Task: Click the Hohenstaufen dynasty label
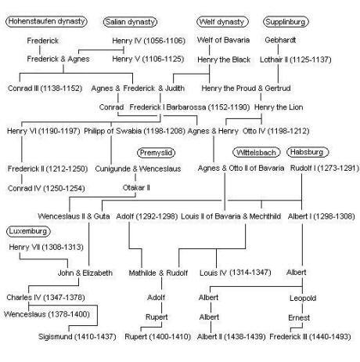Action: (x=46, y=21)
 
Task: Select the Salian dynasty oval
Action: (x=130, y=22)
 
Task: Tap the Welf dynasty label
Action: (x=222, y=22)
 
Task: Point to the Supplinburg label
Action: (x=286, y=22)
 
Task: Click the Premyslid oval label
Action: (x=156, y=153)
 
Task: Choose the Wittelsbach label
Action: (x=256, y=153)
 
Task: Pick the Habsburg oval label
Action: (x=308, y=152)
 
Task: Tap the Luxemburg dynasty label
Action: (x=28, y=231)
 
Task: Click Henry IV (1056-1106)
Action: (x=149, y=41)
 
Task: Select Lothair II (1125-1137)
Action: (x=296, y=60)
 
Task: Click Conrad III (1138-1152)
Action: (x=45, y=89)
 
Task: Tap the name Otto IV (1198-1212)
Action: (x=276, y=131)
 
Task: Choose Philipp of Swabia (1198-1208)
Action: (x=135, y=131)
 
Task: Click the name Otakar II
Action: (x=136, y=188)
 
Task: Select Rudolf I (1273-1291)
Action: (x=325, y=168)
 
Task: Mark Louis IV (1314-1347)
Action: (x=236, y=273)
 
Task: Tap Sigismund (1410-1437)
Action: (x=77, y=337)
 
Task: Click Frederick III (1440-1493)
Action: (x=310, y=337)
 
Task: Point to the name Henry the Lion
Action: (x=279, y=107)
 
